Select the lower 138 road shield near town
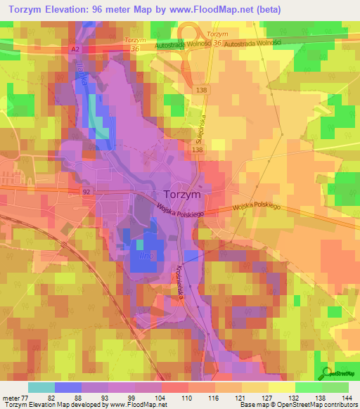[x=197, y=150]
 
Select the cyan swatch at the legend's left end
[x=41, y=387]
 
